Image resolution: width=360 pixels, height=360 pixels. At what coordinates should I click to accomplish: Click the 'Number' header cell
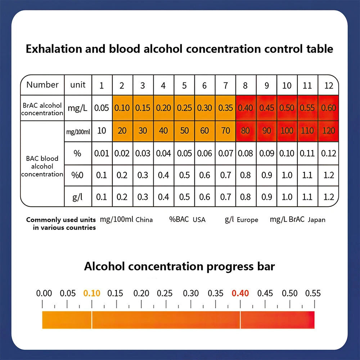(x=42, y=85)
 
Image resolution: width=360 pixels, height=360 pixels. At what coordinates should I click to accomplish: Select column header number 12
(x=329, y=86)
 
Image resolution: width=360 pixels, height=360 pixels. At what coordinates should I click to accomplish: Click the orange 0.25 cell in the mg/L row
(x=184, y=108)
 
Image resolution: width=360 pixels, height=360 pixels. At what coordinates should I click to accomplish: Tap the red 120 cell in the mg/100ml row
(x=329, y=131)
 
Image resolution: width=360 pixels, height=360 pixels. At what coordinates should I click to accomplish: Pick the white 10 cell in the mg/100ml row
(x=102, y=131)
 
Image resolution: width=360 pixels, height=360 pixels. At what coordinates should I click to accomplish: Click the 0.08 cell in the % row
(x=245, y=153)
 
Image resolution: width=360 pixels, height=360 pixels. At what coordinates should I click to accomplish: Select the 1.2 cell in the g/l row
(x=329, y=197)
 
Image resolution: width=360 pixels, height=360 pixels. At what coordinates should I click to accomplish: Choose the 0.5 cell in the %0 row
(x=184, y=175)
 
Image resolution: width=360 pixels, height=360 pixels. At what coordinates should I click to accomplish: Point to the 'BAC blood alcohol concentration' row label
(x=42, y=166)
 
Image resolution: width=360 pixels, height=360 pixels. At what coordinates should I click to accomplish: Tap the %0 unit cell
(x=77, y=175)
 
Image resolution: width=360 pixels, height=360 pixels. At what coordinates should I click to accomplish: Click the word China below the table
(x=144, y=220)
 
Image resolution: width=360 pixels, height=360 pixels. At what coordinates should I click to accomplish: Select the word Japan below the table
(x=316, y=220)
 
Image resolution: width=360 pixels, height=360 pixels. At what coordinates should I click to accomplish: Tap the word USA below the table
(x=199, y=220)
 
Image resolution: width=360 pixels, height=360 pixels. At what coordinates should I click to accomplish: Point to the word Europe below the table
(x=247, y=220)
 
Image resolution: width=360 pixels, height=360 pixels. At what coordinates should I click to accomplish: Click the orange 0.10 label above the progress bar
(x=92, y=293)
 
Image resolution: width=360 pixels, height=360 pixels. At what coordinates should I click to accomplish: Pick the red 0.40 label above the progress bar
(x=240, y=293)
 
